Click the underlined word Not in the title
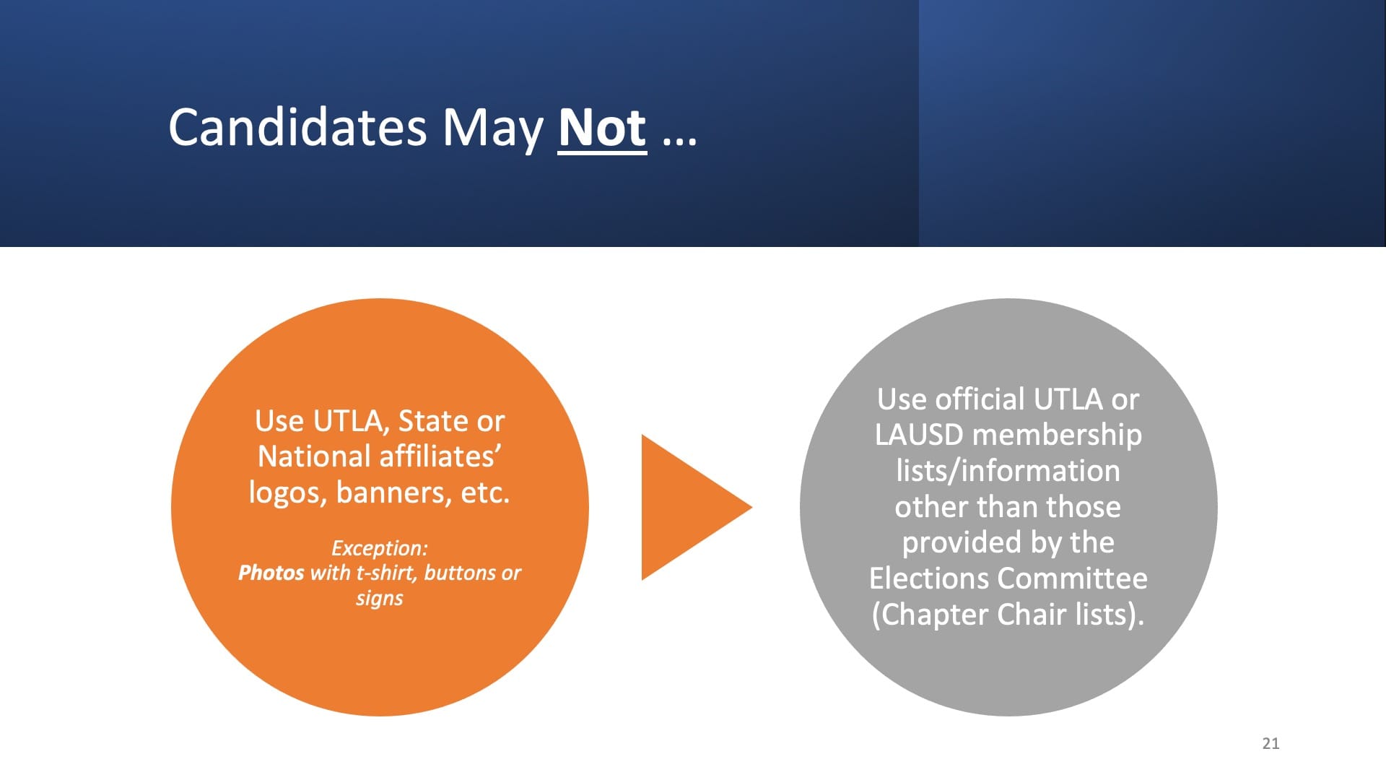click(602, 129)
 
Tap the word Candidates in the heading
click(298, 127)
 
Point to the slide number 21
click(1270, 743)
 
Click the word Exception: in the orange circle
click(380, 548)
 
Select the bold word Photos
click(271, 573)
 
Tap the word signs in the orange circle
click(380, 599)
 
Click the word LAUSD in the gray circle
click(919, 435)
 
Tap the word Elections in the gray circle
click(929, 578)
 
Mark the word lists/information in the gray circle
click(1008, 471)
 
